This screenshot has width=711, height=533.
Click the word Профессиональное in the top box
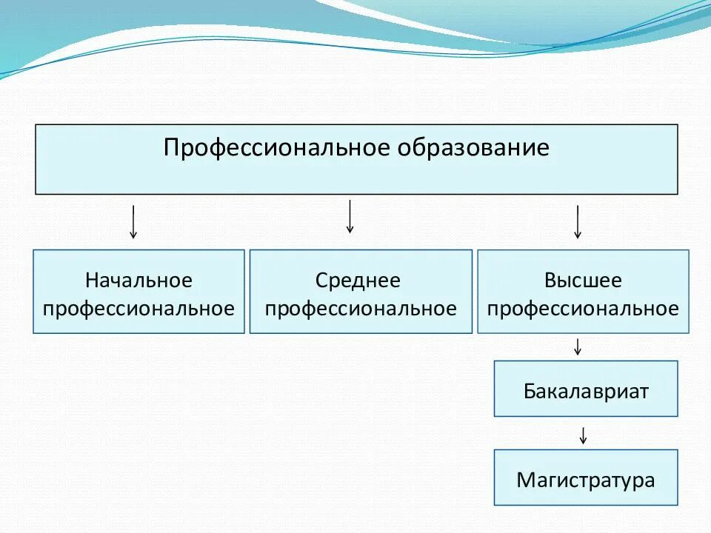278,147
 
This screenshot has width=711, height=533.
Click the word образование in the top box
474,147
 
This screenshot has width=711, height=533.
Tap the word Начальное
138,281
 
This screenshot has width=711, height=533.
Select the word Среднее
358,281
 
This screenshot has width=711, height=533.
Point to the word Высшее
583,281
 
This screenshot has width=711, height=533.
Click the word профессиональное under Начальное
138,308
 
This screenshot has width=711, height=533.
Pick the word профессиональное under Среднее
361,308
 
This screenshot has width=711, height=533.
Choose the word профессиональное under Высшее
583,308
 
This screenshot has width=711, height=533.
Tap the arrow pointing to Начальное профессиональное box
133,221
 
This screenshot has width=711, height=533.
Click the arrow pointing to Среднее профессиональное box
350,216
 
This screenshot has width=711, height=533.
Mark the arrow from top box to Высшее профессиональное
578,221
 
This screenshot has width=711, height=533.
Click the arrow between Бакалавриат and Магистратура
584,435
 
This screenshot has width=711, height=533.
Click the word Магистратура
586,480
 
